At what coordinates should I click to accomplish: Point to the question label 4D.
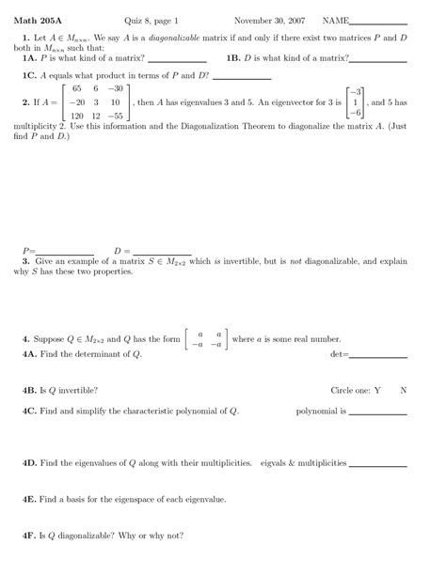point(28,463)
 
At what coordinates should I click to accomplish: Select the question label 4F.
point(28,536)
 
